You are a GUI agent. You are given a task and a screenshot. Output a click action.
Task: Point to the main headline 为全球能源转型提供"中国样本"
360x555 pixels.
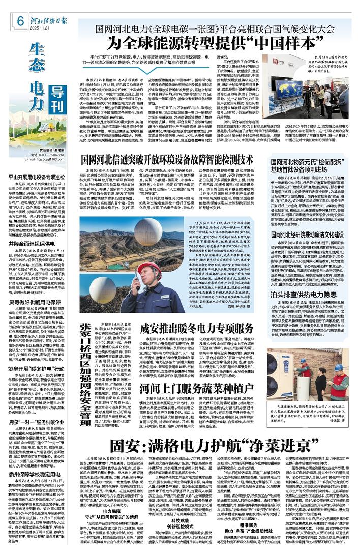[205, 42]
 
